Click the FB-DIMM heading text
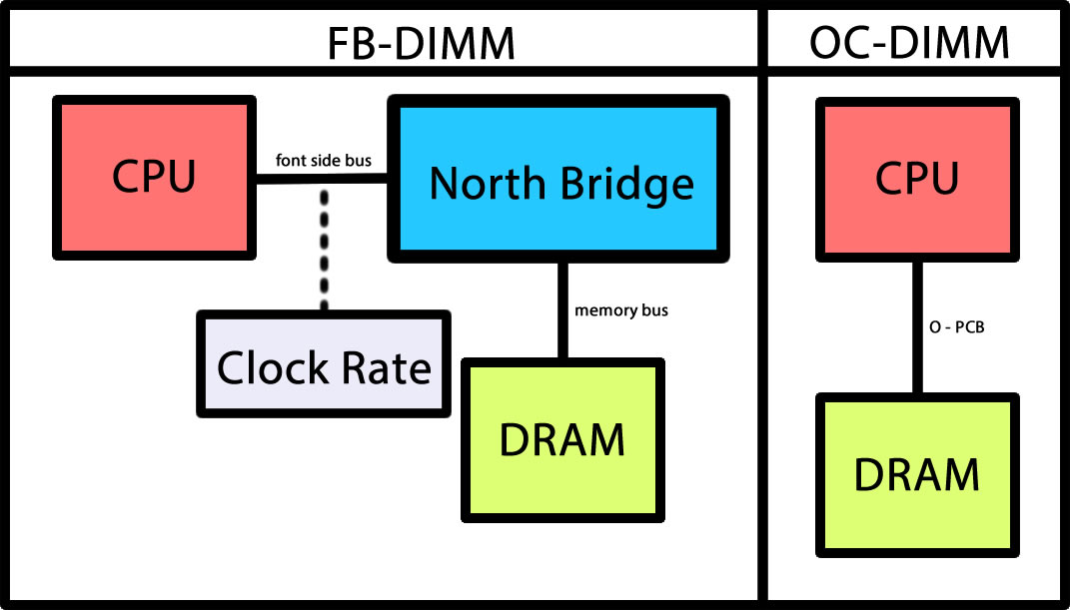click(421, 42)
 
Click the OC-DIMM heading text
click(908, 42)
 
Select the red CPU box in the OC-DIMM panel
click(917, 180)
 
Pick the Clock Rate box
click(324, 364)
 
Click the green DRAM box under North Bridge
click(562, 440)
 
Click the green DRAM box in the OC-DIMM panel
click(917, 475)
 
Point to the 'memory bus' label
click(621, 310)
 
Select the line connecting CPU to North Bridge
click(320, 180)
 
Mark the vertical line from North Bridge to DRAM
click(562, 309)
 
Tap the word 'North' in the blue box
click(487, 184)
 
